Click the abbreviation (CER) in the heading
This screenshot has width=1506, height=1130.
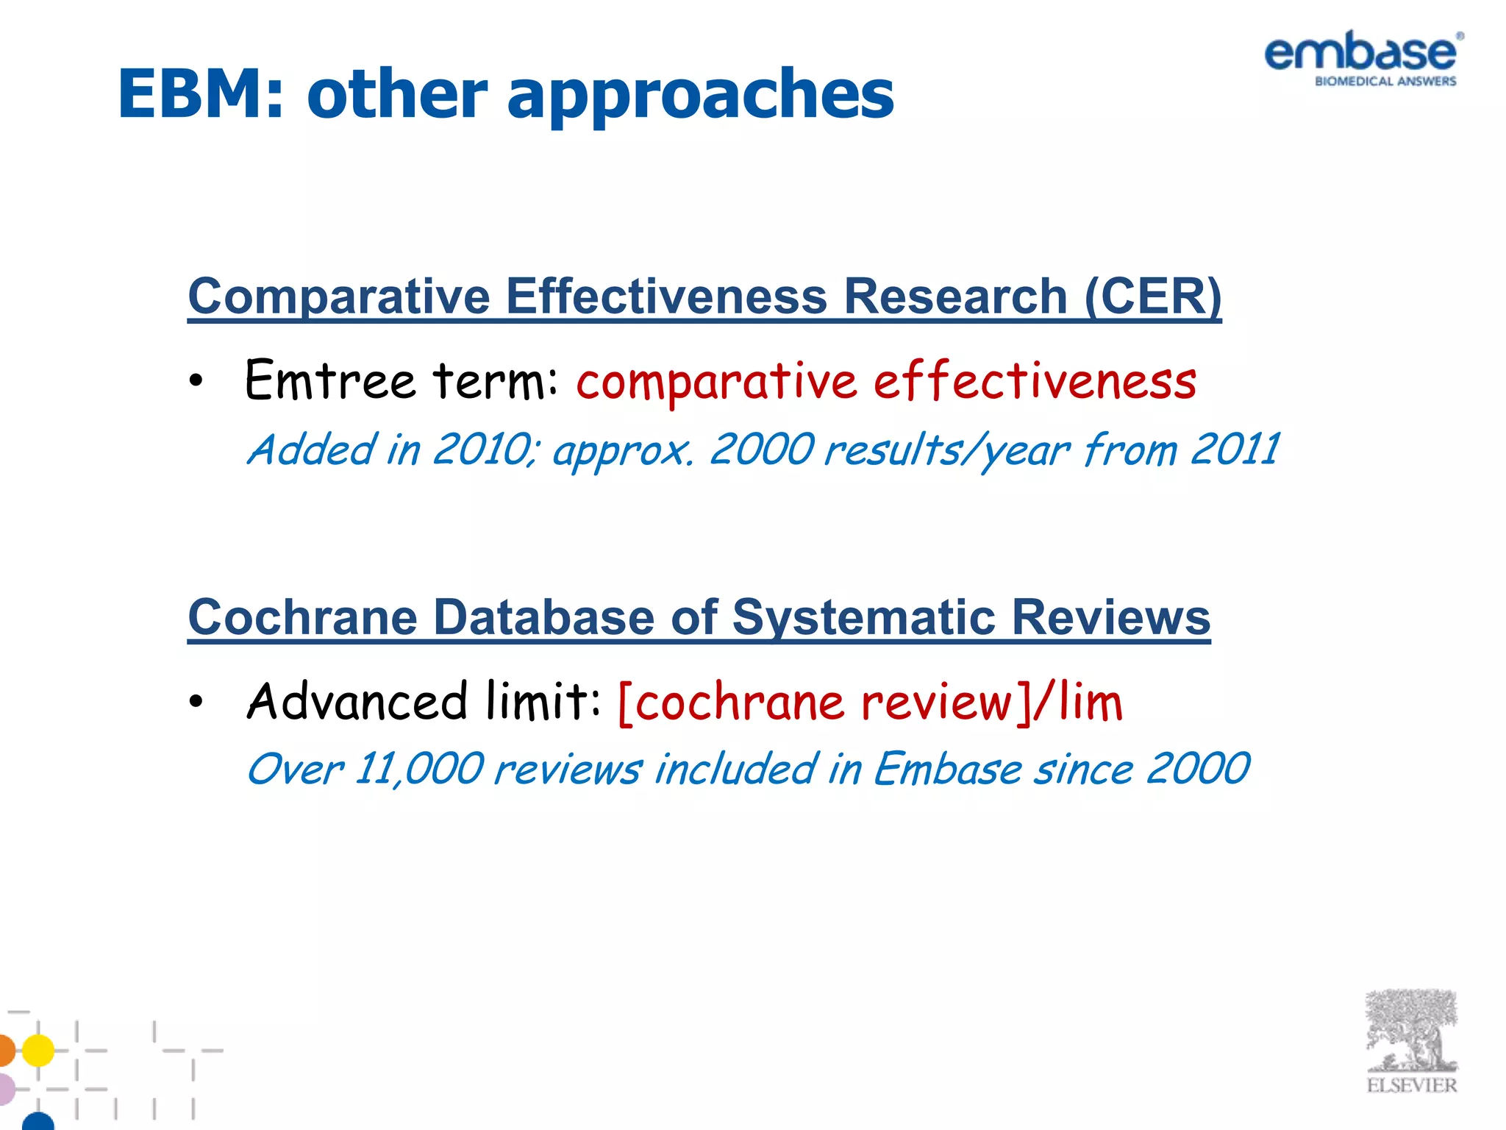point(1152,296)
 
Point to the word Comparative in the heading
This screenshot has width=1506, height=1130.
point(339,296)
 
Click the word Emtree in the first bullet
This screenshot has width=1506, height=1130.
point(330,380)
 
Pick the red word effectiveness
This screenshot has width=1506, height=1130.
point(1035,381)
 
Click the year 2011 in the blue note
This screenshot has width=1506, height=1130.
point(1235,449)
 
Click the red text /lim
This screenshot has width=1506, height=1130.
point(1078,702)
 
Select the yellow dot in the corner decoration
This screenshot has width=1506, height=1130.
point(38,1050)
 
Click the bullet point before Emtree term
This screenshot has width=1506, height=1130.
point(195,381)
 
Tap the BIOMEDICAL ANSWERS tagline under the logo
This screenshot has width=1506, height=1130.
point(1385,82)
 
